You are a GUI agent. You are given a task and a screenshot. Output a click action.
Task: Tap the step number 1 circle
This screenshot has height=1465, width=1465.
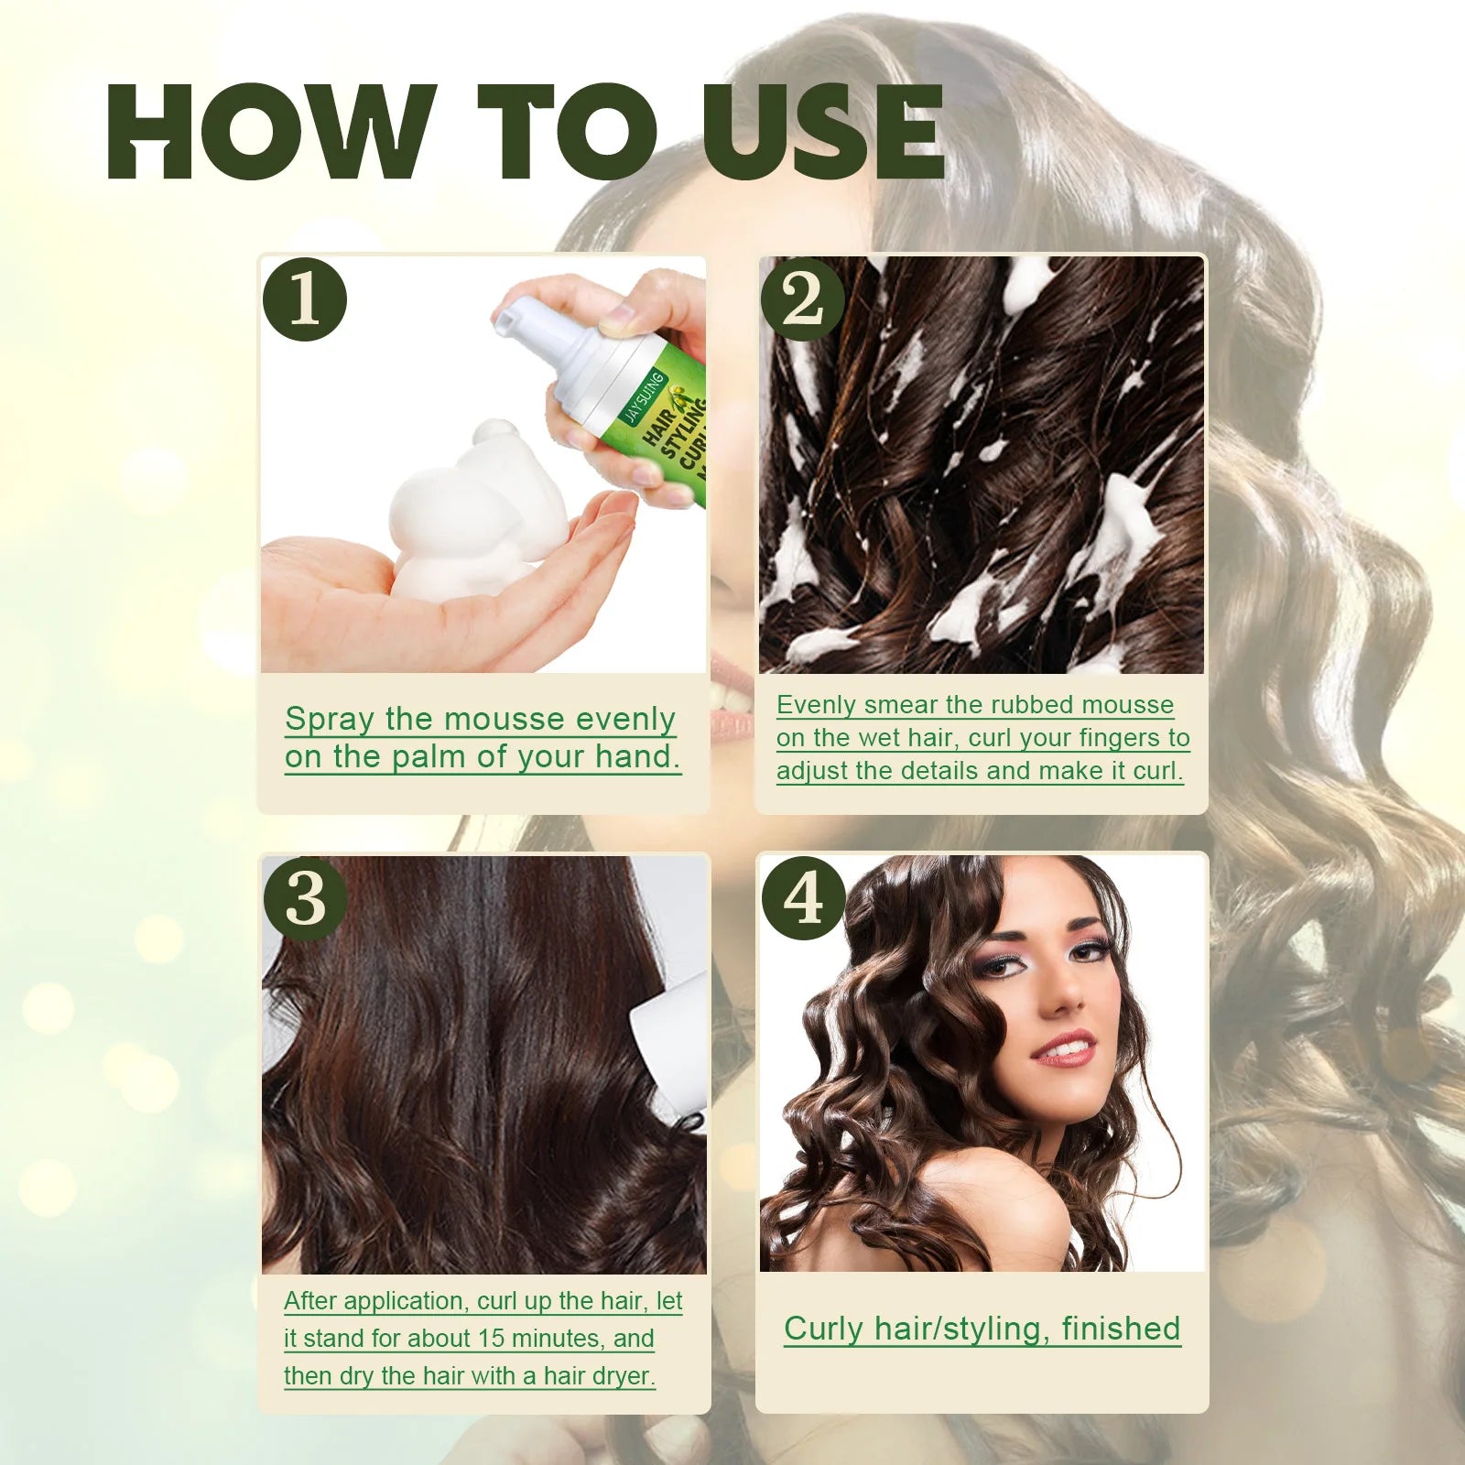tap(305, 299)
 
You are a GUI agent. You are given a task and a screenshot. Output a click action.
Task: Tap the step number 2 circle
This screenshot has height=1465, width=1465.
tap(803, 299)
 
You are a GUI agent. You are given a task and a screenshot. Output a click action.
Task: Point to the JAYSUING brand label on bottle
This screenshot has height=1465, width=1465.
tap(643, 397)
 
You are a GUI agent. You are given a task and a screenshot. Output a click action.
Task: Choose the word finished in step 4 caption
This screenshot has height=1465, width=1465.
tap(1121, 1329)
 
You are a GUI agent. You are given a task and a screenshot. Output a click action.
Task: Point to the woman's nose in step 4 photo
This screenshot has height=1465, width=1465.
tap(1062, 998)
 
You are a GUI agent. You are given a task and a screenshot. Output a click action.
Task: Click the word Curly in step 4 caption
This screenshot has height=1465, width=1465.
tap(823, 1329)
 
